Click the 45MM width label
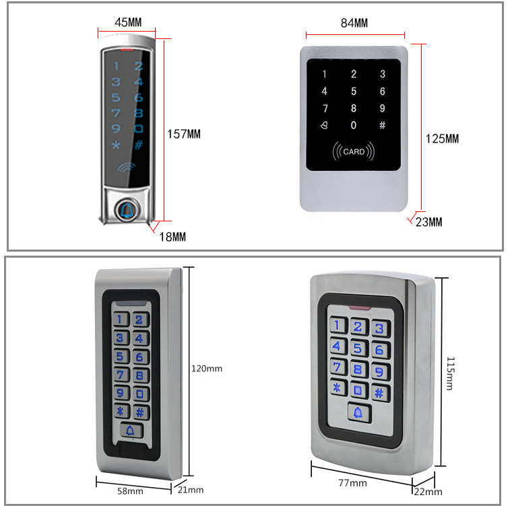click(127, 22)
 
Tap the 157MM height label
click(184, 134)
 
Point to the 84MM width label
click(354, 23)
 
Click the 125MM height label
click(442, 139)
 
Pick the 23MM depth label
click(430, 222)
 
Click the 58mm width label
click(131, 491)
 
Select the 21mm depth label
click(191, 490)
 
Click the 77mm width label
click(353, 483)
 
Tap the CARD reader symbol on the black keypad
click(354, 151)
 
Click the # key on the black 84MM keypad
click(383, 125)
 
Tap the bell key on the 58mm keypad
click(130, 431)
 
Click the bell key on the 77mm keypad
click(358, 412)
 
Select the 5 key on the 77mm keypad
click(358, 348)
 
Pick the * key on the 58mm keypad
click(121, 412)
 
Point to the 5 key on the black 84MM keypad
click(354, 91)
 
